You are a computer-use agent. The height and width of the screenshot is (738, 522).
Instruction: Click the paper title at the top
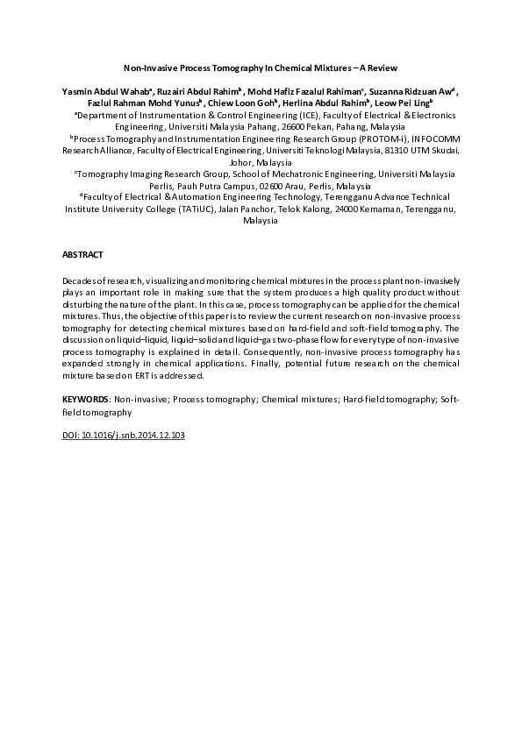click(x=261, y=67)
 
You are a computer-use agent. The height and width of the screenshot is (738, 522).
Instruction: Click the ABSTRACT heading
click(x=82, y=253)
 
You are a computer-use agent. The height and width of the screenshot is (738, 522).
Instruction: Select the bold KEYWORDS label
click(x=85, y=398)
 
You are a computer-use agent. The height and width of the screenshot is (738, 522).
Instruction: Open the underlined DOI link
click(x=123, y=435)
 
